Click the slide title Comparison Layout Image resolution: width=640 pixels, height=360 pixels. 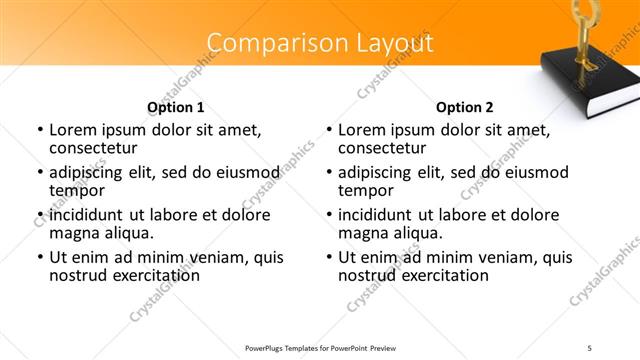coord(320,43)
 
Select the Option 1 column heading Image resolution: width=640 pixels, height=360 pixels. coord(176,107)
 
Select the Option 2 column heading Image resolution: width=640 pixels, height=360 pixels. coord(465,107)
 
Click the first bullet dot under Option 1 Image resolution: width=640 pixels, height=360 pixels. coord(39,130)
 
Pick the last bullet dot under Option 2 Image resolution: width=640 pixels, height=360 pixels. coord(328,257)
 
